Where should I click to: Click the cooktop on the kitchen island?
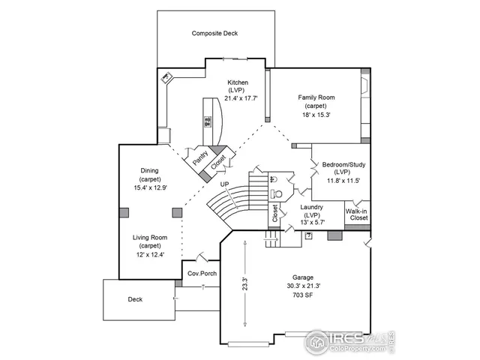point(207,121)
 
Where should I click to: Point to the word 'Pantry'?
point(200,157)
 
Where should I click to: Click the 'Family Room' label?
point(316,97)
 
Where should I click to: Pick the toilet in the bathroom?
point(275,179)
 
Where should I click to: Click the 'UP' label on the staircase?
point(224,184)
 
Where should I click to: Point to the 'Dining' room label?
point(149,170)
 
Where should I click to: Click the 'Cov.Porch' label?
point(202,273)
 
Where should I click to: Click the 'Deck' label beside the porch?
point(135,298)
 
